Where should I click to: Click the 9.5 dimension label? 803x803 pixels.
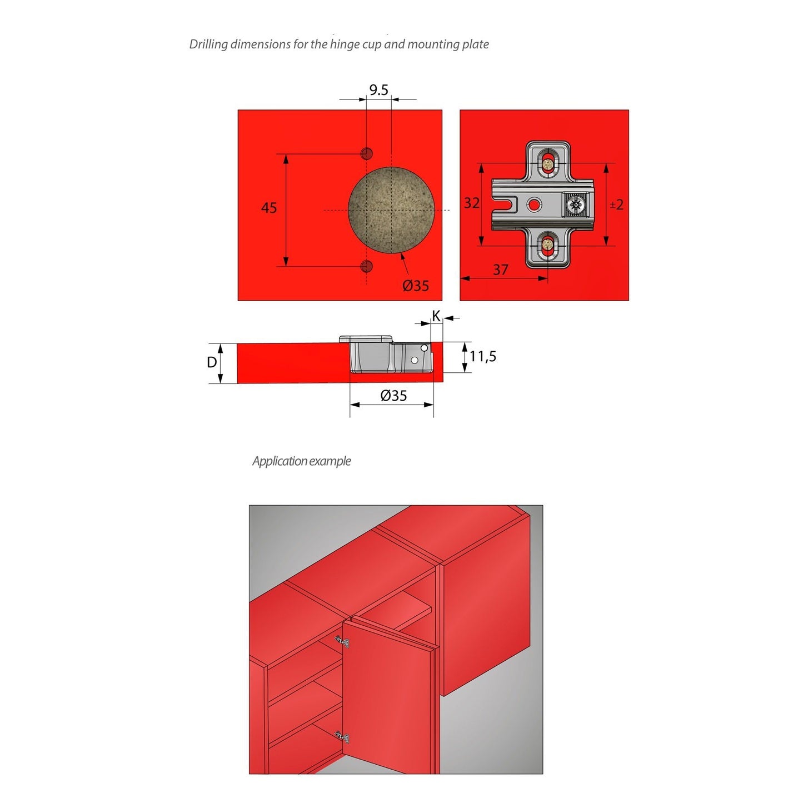(378, 90)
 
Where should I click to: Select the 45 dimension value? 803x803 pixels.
(269, 208)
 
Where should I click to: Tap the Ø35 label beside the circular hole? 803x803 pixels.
(416, 286)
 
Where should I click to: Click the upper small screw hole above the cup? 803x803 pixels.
(367, 153)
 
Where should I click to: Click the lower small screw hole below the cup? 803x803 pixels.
(367, 266)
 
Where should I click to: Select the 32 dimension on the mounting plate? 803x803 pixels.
(472, 203)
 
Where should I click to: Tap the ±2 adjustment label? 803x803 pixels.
(616, 205)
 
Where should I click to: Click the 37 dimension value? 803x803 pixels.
(501, 270)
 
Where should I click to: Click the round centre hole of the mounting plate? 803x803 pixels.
(534, 205)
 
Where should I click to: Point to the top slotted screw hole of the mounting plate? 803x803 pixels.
(548, 163)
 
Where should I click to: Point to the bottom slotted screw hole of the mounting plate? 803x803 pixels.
(548, 245)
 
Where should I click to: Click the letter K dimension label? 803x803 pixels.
(436, 316)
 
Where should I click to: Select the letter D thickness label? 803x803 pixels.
(212, 362)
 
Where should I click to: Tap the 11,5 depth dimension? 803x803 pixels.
(483, 356)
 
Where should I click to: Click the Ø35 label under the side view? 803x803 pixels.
(393, 396)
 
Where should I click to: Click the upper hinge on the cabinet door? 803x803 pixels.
(343, 642)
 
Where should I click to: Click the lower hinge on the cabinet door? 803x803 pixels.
(343, 737)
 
